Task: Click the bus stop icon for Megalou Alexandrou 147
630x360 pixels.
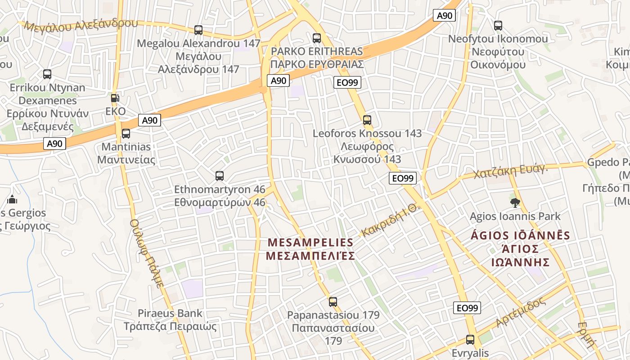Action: tap(198, 30)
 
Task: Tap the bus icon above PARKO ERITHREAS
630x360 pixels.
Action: tap(317, 38)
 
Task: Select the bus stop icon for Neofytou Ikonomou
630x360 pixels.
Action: tap(498, 25)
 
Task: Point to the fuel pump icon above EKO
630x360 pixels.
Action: tap(115, 98)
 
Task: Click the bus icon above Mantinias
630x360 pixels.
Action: tap(126, 133)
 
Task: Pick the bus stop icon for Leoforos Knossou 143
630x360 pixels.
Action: tap(367, 120)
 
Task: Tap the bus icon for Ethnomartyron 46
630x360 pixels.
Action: tap(220, 175)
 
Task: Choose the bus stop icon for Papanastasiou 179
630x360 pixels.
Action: tap(333, 301)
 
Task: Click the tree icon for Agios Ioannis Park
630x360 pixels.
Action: tap(515, 202)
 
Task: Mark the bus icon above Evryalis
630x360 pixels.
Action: tap(470, 339)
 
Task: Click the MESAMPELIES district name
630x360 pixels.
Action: tap(310, 243)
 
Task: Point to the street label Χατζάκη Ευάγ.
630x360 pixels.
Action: tap(509, 171)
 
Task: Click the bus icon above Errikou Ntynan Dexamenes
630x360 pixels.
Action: tap(47, 74)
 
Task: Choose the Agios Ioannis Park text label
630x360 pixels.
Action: tap(515, 216)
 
